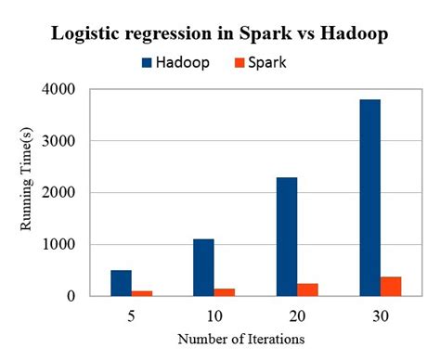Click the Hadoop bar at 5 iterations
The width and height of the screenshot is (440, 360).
122,283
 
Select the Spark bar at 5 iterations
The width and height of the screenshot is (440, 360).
142,293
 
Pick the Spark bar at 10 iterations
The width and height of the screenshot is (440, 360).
225,292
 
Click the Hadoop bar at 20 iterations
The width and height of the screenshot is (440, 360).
286,237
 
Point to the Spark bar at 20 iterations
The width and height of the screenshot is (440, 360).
307,289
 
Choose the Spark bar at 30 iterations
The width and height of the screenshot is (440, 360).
390,286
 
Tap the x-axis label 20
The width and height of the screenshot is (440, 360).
296,315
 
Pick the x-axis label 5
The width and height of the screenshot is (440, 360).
132,315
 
